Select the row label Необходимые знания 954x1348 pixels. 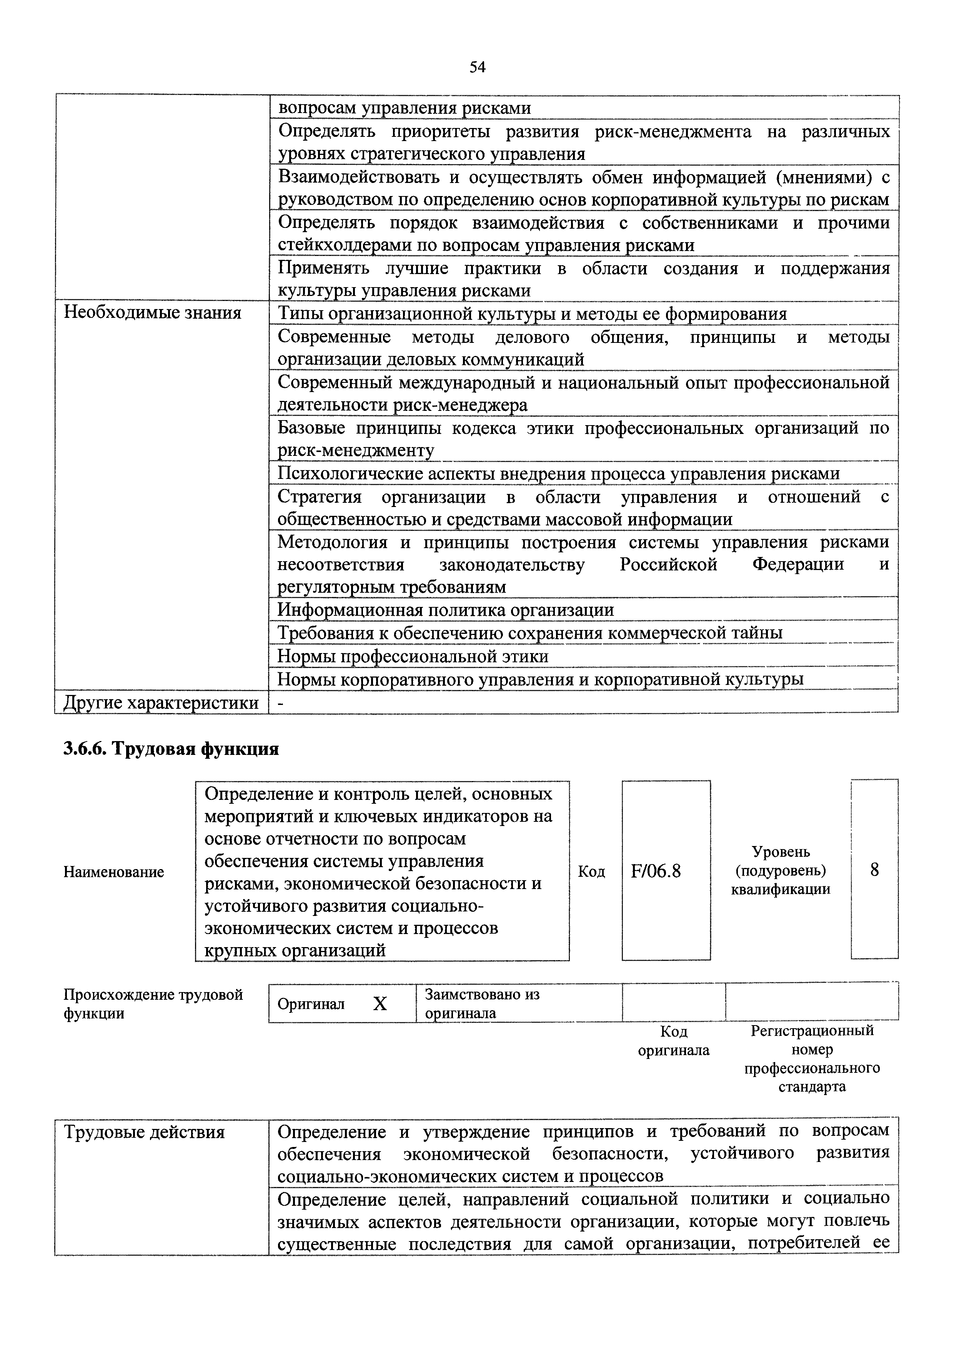[152, 313]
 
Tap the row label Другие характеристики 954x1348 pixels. [161, 703]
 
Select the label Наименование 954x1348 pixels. [114, 872]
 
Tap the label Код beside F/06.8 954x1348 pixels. [591, 871]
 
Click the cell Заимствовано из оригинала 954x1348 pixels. [482, 1003]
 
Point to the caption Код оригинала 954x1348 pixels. [674, 1041]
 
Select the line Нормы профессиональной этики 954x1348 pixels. [412, 656]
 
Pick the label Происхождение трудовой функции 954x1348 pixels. [153, 1003]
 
